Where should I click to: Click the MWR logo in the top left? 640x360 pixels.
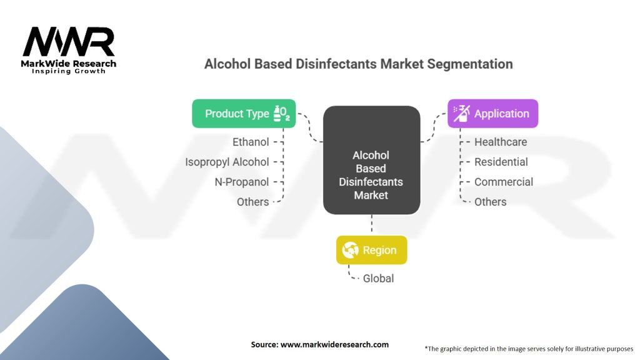[x=69, y=42]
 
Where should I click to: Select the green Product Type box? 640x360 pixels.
[x=243, y=114]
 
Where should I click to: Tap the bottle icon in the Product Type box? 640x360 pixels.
[x=281, y=113]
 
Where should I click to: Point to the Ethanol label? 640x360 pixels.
[x=251, y=142]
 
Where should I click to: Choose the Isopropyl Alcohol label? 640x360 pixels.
[x=227, y=162]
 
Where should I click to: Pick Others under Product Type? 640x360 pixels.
[x=252, y=202]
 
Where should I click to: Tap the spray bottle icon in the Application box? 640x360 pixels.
[x=462, y=113]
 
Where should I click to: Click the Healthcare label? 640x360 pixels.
[x=500, y=142]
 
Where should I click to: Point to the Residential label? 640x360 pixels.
[x=501, y=162]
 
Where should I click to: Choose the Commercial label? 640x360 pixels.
[x=503, y=182]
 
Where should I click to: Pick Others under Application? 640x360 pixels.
[x=490, y=202]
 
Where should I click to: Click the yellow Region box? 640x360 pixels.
[x=371, y=250]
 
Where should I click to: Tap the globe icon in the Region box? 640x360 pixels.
[x=351, y=250]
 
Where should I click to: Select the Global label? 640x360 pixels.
[x=378, y=278]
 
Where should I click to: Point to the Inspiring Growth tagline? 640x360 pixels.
[x=69, y=71]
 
